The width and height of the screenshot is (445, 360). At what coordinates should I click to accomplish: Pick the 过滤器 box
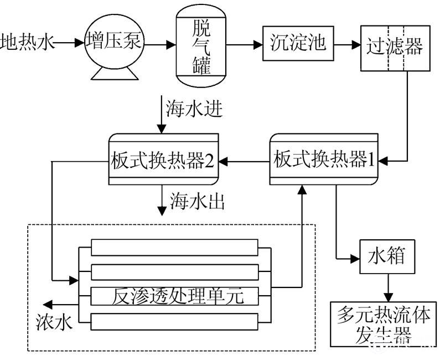[x=394, y=47]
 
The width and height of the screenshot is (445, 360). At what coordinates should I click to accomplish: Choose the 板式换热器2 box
[x=163, y=161]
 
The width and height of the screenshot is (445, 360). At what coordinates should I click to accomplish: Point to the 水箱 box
[x=386, y=256]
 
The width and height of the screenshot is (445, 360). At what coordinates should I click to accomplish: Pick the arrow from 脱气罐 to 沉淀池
[x=244, y=42]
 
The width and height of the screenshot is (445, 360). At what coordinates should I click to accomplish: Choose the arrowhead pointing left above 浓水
[x=50, y=304]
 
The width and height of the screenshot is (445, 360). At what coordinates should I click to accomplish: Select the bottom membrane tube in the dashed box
[x=174, y=322]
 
